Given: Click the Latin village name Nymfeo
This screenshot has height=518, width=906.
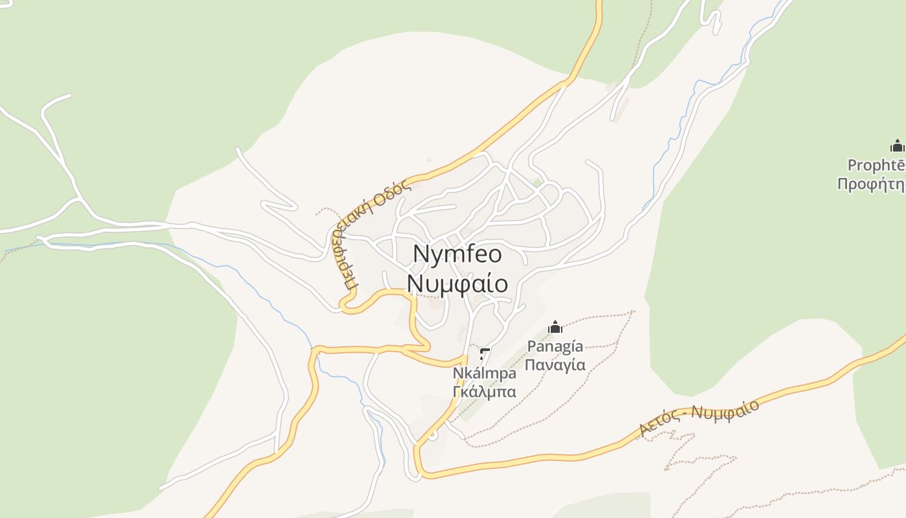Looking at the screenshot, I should click(457, 254).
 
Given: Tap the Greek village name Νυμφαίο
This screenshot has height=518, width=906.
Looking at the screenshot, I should click(457, 284).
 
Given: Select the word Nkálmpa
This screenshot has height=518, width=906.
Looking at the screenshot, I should click(484, 374).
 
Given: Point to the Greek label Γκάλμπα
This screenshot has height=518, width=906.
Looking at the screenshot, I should click(484, 392).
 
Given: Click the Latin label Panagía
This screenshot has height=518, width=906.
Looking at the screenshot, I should click(555, 346).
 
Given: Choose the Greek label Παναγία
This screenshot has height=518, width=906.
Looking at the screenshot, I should click(555, 365).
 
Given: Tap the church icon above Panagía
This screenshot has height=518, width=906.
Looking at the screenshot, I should click(555, 328).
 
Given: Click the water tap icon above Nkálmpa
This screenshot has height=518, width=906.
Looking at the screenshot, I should click(484, 354).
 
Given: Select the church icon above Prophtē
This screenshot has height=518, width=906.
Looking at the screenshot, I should click(897, 146).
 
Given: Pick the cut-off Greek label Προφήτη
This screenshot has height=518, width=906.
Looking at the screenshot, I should click(871, 185).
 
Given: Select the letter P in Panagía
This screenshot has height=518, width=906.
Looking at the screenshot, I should click(532, 346).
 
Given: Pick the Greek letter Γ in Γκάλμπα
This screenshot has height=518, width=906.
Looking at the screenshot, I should click(457, 392).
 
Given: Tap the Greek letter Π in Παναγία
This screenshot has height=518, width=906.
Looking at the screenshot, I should click(529, 365).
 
